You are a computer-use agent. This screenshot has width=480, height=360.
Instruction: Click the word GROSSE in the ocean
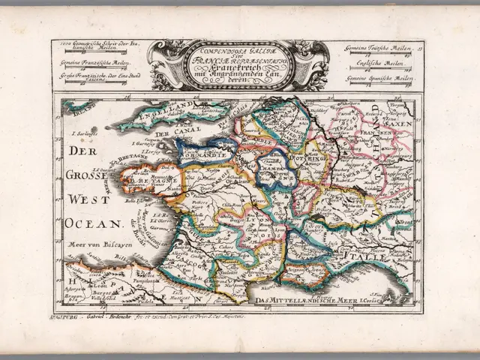point(85,177)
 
